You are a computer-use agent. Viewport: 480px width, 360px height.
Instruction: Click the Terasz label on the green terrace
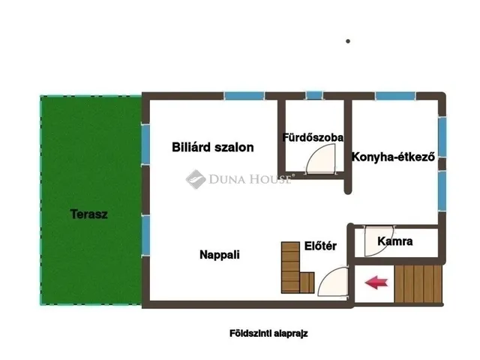pos(88,214)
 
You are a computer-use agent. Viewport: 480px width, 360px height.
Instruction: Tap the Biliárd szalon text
pos(212,147)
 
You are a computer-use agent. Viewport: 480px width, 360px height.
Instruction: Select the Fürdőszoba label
pos(313,138)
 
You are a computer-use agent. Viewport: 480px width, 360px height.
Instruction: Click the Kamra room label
pos(394,241)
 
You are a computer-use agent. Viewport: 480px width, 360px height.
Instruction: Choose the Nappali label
pos(219,254)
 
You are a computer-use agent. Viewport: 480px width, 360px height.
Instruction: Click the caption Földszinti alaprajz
pos(268,334)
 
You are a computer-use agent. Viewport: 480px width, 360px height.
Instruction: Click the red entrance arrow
pos(376,283)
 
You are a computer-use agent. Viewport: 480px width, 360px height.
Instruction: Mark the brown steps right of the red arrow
pos(418,283)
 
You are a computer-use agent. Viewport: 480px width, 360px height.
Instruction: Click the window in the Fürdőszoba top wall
pos(313,95)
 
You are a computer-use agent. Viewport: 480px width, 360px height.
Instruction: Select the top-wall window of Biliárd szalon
pos(244,95)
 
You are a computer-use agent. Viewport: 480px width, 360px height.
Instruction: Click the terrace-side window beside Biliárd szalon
pos(145,145)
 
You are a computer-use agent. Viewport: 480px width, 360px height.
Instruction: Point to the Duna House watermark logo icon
pos(196,178)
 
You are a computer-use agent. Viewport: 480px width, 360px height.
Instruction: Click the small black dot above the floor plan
pos(348,41)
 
